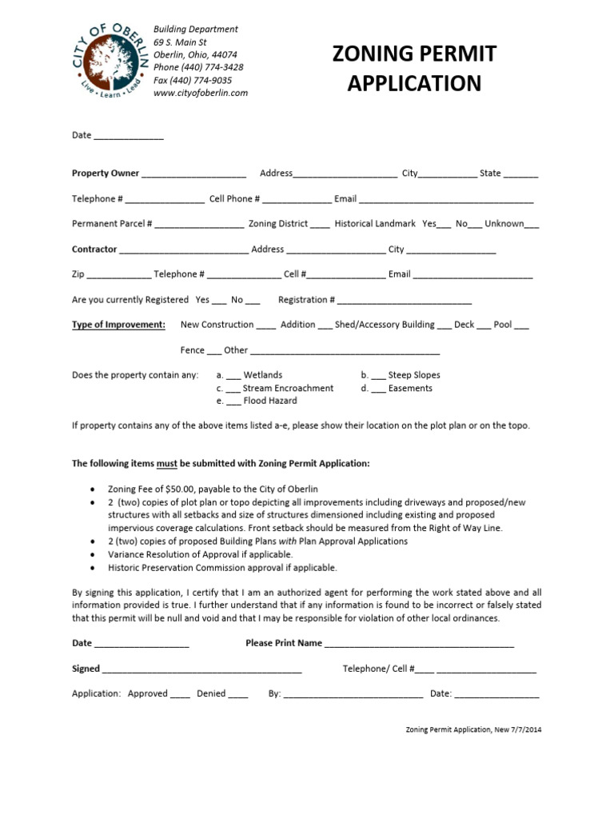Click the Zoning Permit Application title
[413, 68]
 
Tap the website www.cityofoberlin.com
[201, 93]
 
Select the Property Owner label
[106, 173]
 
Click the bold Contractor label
[94, 250]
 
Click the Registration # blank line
[405, 301]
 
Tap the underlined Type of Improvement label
[119, 325]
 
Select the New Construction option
[217, 325]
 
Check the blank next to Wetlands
[233, 375]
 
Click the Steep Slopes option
[414, 375]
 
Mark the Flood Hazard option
[270, 401]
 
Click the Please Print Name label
[284, 643]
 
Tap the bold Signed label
[86, 669]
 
